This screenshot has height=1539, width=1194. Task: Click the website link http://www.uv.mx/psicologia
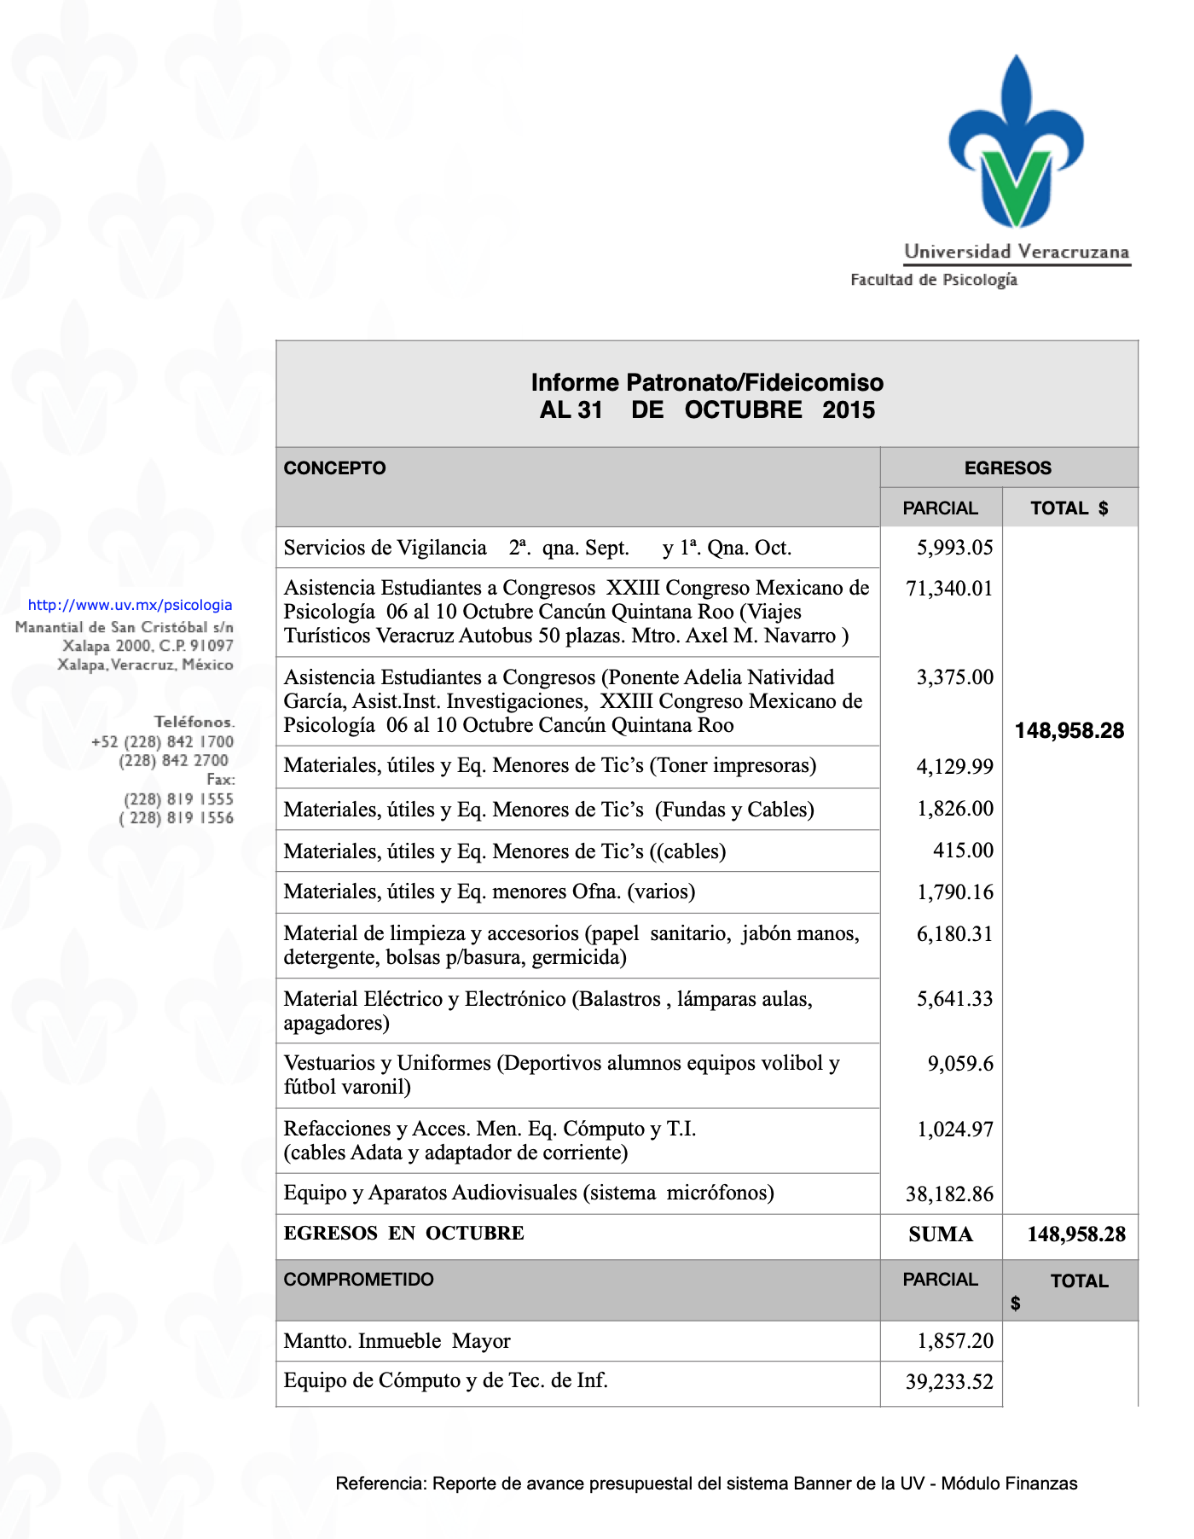[x=130, y=605]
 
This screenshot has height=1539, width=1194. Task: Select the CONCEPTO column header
[x=334, y=468]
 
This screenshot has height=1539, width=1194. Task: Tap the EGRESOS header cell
[x=1007, y=468]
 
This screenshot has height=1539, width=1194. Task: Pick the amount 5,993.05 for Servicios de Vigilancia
[x=954, y=548]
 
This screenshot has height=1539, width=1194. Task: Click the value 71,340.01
[x=949, y=589]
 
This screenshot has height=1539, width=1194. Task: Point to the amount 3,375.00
[x=954, y=677]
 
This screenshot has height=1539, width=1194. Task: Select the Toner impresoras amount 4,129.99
[x=954, y=767]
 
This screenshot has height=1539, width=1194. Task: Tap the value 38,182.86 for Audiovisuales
[x=949, y=1194]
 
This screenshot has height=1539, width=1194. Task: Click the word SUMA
[x=941, y=1234]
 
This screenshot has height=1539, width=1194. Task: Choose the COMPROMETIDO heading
[x=358, y=1280]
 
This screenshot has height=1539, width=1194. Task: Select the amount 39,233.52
[x=949, y=1382]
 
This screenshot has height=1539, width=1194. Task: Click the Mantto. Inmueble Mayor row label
[x=397, y=1341]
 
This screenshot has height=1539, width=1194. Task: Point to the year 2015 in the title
[x=849, y=410]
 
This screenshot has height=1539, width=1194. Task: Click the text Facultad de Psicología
[x=934, y=280]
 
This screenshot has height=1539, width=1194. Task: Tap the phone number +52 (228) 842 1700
[x=162, y=741]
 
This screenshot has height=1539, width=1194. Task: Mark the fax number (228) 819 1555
[x=178, y=799]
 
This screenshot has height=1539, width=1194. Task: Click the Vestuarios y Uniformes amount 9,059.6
[x=960, y=1064]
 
